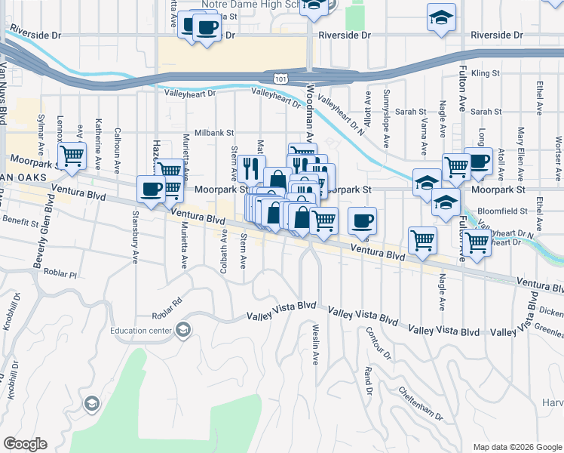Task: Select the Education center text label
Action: click(x=141, y=330)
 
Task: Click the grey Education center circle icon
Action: click(x=182, y=330)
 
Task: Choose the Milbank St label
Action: click(x=214, y=131)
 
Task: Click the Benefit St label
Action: click(x=20, y=223)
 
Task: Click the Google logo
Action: click(x=25, y=444)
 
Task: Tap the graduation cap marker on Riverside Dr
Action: click(x=441, y=18)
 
